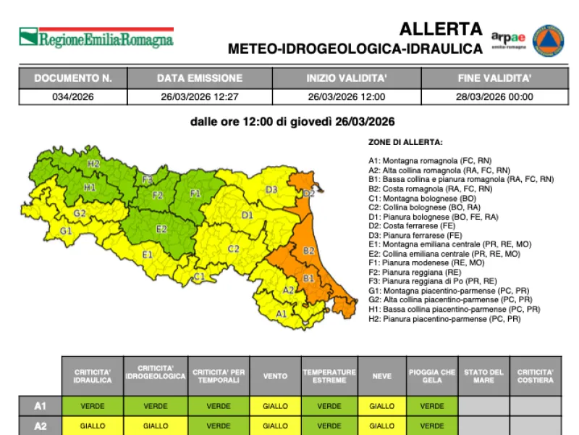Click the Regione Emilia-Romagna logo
(96, 38)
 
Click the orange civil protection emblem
(548, 40)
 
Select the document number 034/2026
(73, 96)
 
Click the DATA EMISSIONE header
(200, 78)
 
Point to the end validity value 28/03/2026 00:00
(495, 96)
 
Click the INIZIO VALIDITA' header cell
(347, 78)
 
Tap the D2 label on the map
(308, 194)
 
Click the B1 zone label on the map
(308, 278)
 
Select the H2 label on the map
(93, 164)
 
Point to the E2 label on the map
(162, 229)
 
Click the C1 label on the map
(199, 276)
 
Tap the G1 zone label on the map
(66, 231)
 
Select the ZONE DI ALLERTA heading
(405, 142)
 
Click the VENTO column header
(275, 376)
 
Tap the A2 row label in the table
(41, 426)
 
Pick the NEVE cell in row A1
(382, 406)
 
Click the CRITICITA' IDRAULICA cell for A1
(93, 406)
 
